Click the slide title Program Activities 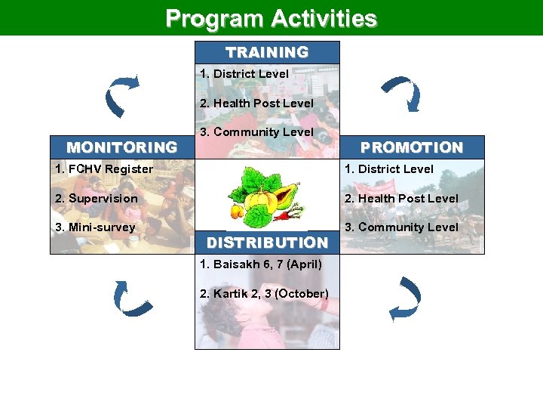[x=271, y=18]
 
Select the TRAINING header [x=267, y=52]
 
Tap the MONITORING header [x=122, y=147]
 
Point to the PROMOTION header [x=412, y=147]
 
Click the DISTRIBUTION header [x=267, y=243]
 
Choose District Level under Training [x=244, y=74]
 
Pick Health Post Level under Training [x=256, y=103]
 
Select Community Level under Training [x=256, y=131]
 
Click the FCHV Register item [x=104, y=169]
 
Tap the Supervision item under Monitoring [x=96, y=198]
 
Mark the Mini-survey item [x=95, y=227]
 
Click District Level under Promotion [x=389, y=169]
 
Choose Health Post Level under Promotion [x=401, y=198]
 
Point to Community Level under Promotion [x=401, y=227]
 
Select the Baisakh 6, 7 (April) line [x=261, y=264]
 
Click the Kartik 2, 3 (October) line [x=264, y=293]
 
